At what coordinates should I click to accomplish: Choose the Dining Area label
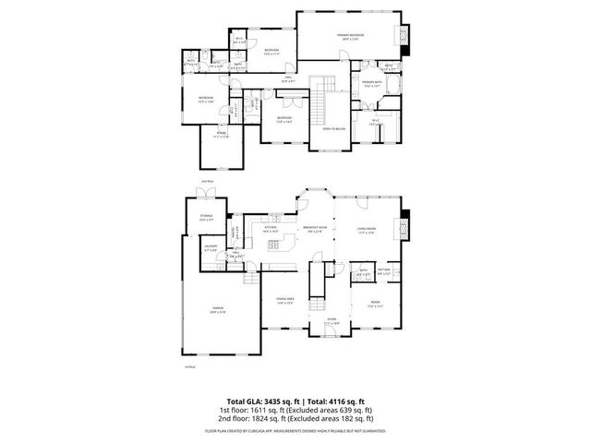pyautogui.click(x=284, y=300)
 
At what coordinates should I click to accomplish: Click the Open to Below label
pyautogui.click(x=333, y=128)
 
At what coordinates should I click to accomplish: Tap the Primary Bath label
pyautogui.click(x=372, y=84)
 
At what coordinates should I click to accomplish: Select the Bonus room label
pyautogui.click(x=223, y=136)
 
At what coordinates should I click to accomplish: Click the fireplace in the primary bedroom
pyautogui.click(x=403, y=36)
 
